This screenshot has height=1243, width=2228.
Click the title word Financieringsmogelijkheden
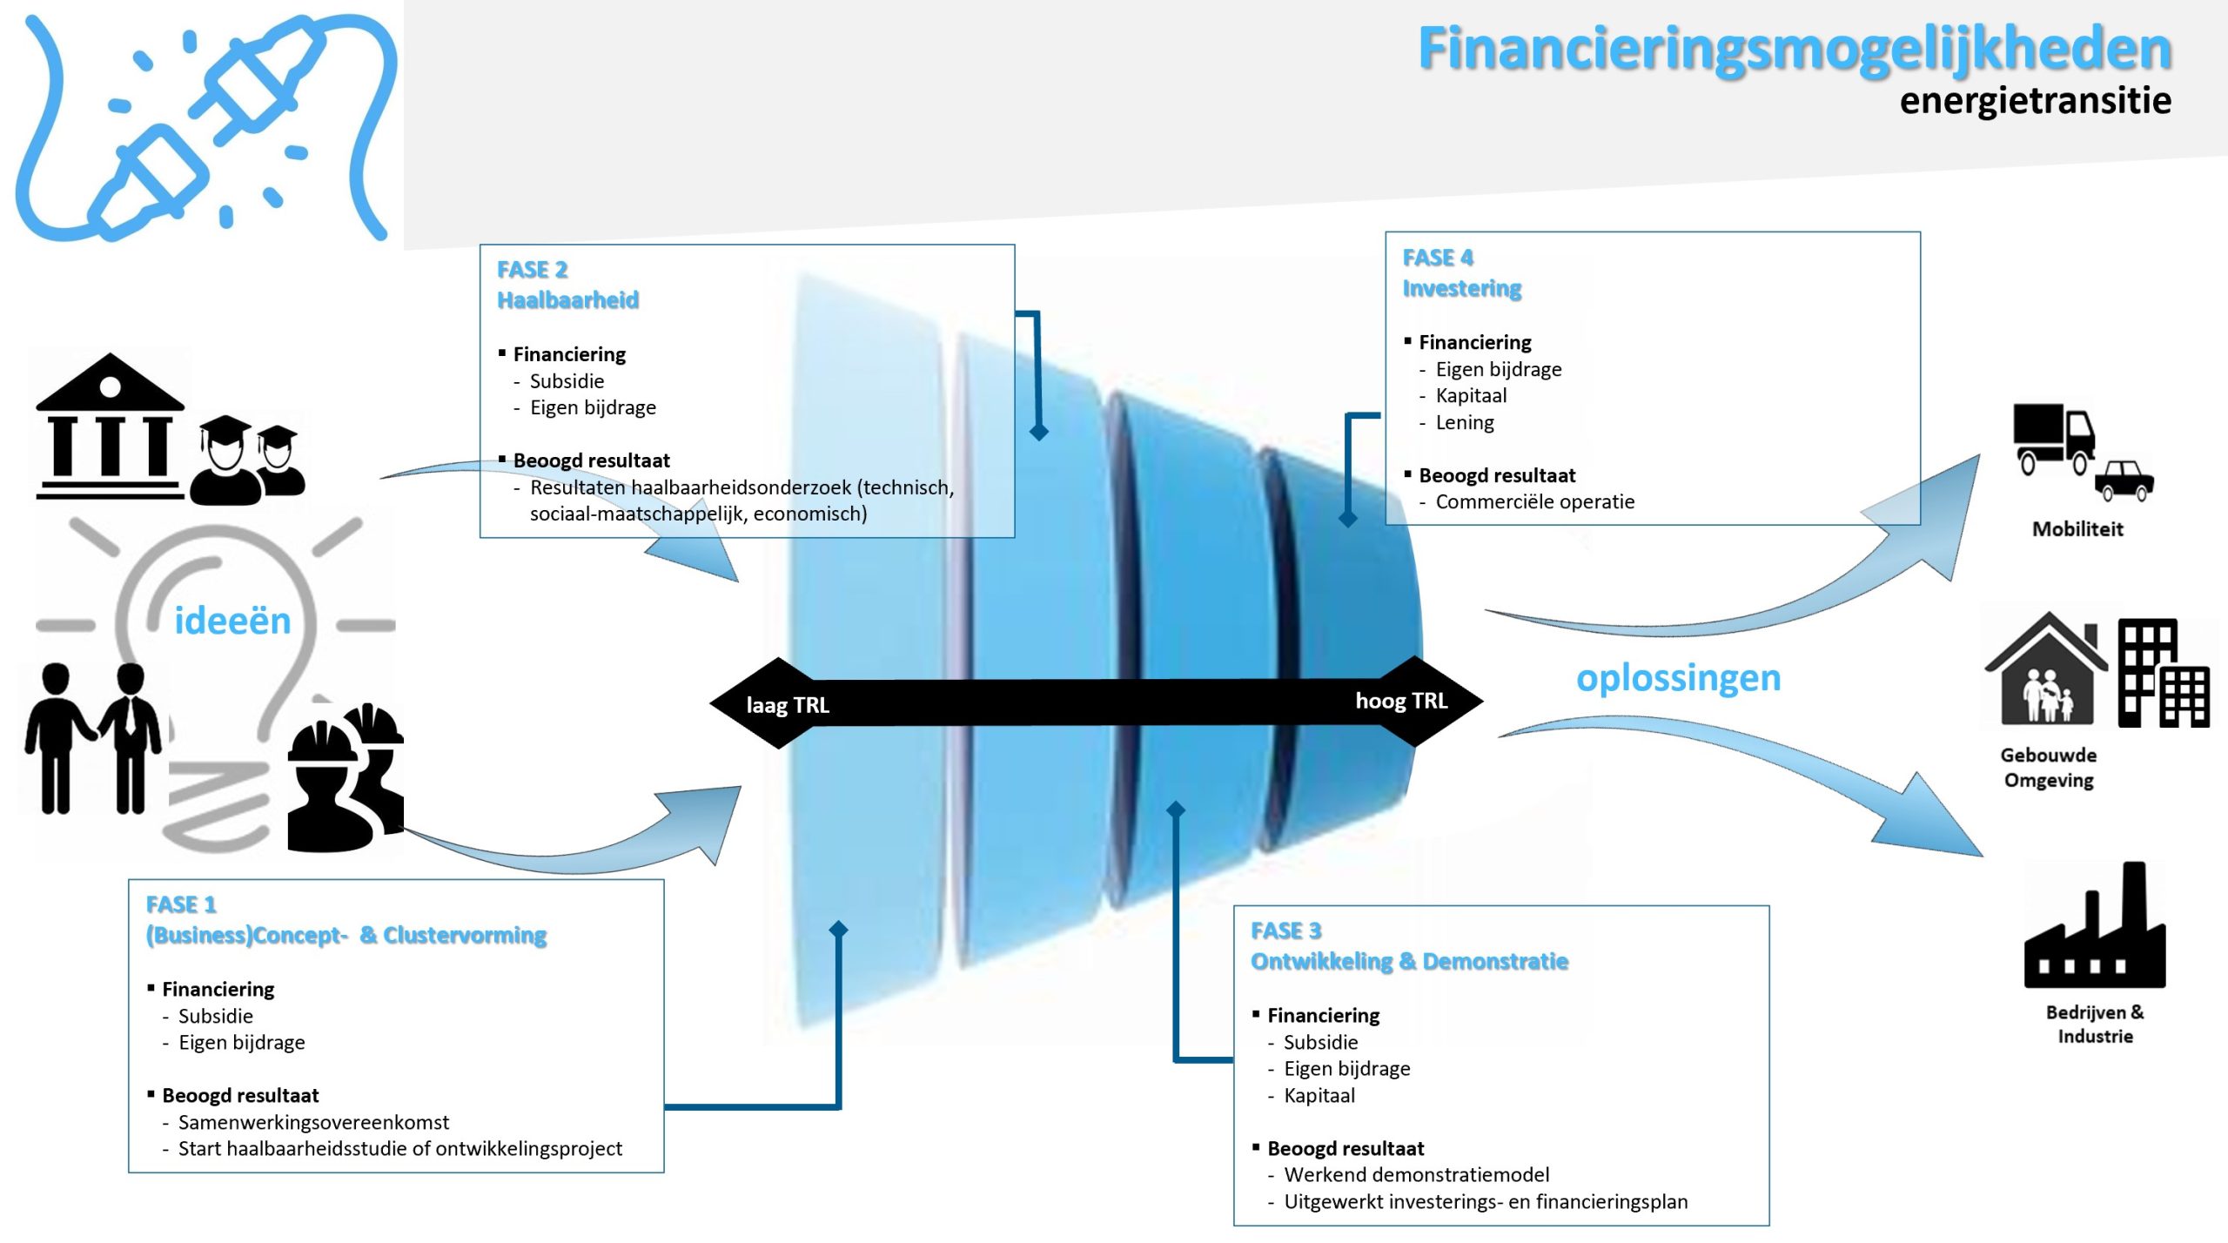pos(1795,49)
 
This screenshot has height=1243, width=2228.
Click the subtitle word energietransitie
pos(2035,101)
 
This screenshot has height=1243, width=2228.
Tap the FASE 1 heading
pos(181,905)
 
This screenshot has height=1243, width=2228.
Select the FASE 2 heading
pos(532,270)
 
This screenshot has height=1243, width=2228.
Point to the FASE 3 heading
pos(1285,931)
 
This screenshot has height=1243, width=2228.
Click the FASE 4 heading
pos(1438,258)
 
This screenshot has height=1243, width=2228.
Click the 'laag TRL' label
pos(788,705)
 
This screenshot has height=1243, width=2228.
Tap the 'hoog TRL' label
pos(1401,701)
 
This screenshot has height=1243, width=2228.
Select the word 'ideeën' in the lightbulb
pos(232,621)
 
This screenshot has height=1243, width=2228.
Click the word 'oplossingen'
pos(1678,678)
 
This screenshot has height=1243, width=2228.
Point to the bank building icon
pos(110,427)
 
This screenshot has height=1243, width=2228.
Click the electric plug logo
pos(205,126)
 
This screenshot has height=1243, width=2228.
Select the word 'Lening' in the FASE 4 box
pos(1465,423)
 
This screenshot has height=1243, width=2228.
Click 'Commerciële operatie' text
pos(1534,502)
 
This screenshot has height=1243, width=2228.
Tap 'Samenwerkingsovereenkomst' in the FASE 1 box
pos(313,1123)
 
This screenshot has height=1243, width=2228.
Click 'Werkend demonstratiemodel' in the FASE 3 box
pos(1416,1175)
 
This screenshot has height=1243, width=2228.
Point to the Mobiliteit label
pos(2077,529)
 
